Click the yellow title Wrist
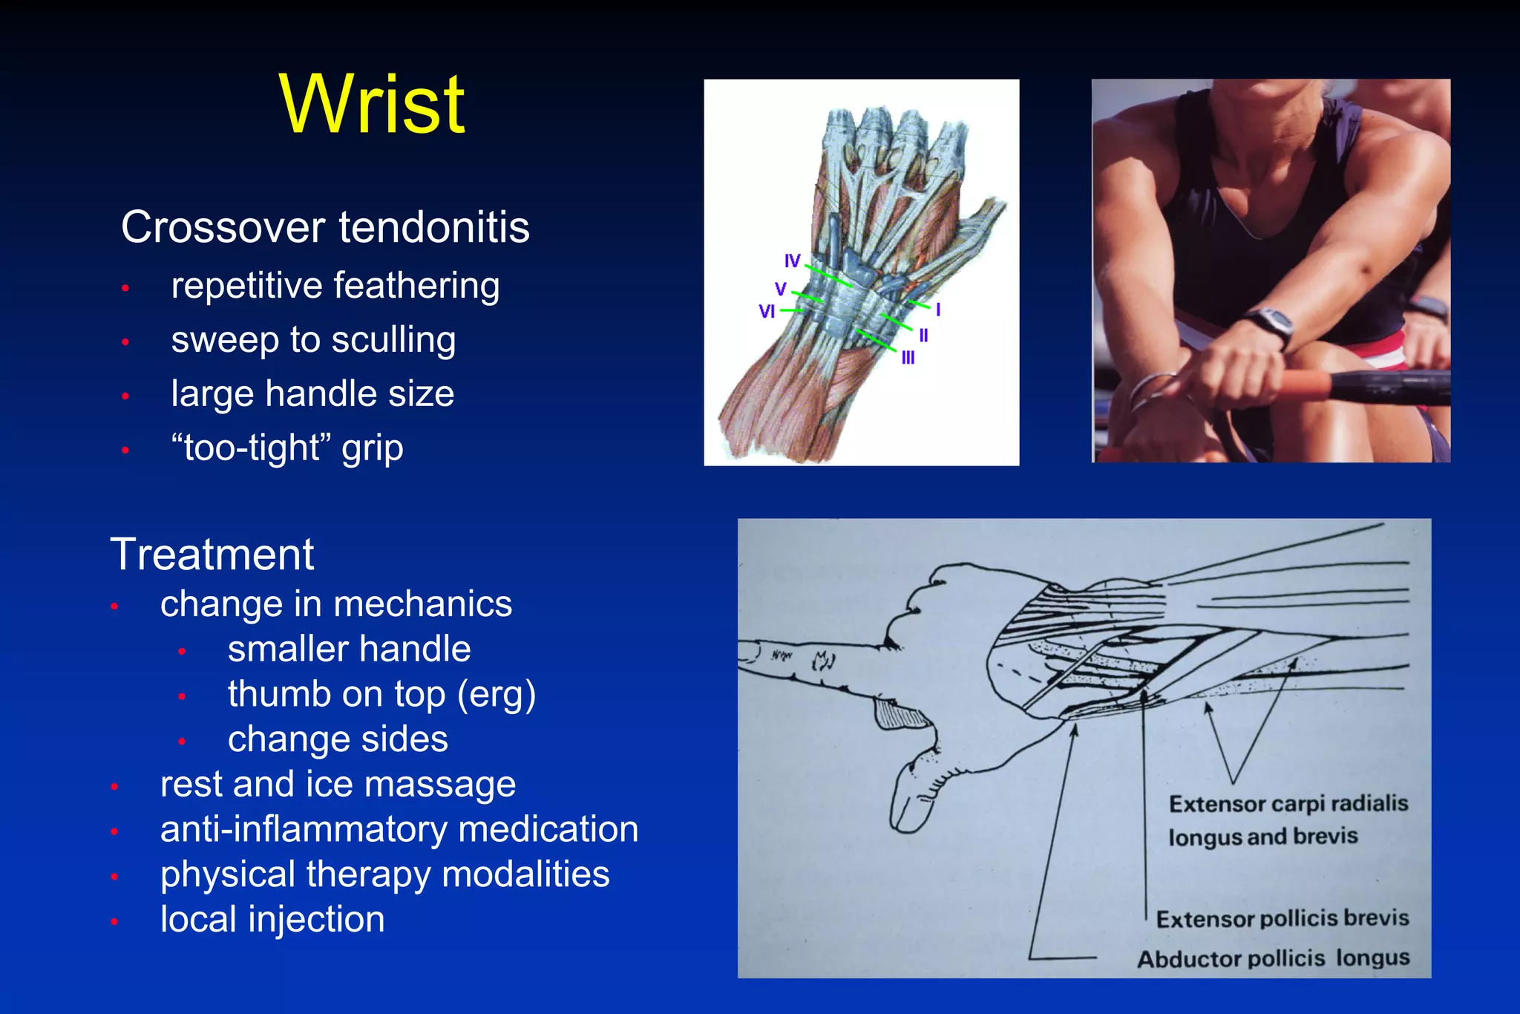coord(373,105)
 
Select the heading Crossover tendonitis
coord(325,227)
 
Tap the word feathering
coord(416,287)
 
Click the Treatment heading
coord(212,555)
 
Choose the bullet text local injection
coord(272,920)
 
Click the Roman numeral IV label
coord(793,261)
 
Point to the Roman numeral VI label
coord(767,312)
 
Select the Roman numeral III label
coord(908,359)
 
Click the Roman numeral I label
coord(938,310)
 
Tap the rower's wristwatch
coord(1270,324)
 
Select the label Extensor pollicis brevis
coord(1282,919)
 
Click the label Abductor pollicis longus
coord(1273,958)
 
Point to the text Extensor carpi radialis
coord(1288,804)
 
